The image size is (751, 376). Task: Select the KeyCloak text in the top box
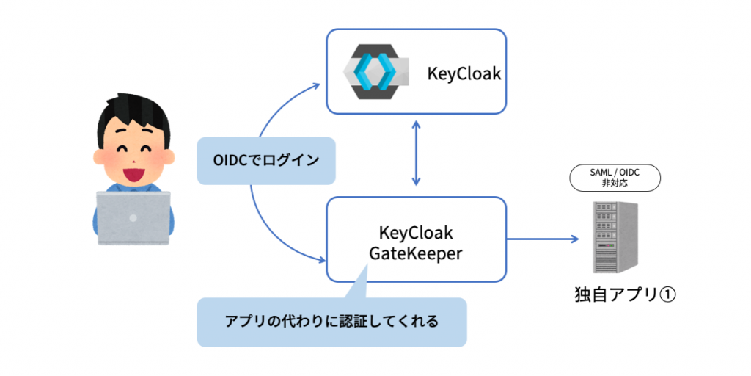(464, 74)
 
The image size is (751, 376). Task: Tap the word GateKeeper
(416, 253)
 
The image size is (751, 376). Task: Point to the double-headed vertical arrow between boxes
(417, 155)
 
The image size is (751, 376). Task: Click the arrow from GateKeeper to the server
(543, 239)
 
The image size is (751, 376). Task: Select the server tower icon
(615, 236)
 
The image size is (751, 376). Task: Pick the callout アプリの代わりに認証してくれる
(331, 322)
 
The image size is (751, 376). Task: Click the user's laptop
(133, 217)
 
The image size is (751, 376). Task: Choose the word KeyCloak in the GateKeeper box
(416, 233)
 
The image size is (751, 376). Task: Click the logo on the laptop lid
(133, 217)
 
